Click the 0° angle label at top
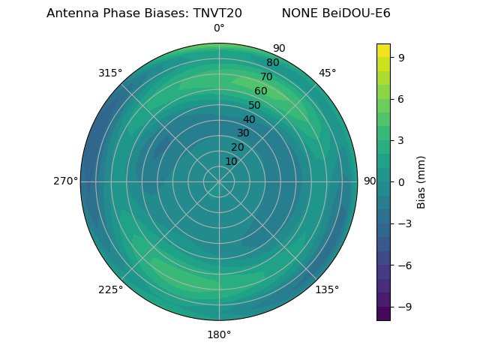coord(219,28)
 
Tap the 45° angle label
coord(327,73)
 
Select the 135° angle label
coord(327,289)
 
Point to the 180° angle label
coord(219,334)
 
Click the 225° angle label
coord(110,289)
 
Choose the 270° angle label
coord(65,181)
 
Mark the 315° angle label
coord(110,73)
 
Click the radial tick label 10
coord(232,161)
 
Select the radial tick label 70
coord(266,77)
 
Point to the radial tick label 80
coord(272,63)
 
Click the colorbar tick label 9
coord(400,56)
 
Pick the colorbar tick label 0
coord(400,181)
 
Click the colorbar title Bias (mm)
coord(421,181)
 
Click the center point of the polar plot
coord(219,181)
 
